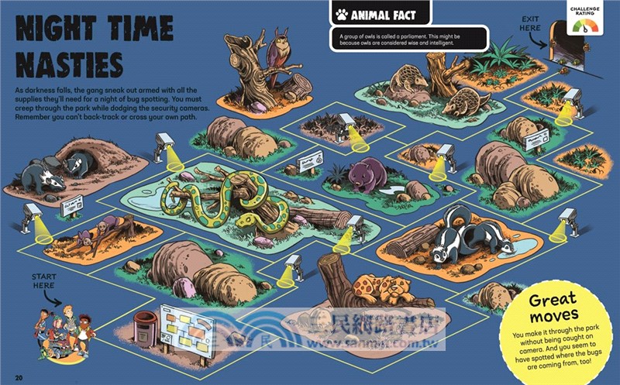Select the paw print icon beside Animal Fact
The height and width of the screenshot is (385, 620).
click(x=341, y=14)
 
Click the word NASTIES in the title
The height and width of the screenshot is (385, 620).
click(x=70, y=64)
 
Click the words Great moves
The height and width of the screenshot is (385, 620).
click(x=553, y=308)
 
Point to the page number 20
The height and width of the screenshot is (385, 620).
click(x=19, y=377)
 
